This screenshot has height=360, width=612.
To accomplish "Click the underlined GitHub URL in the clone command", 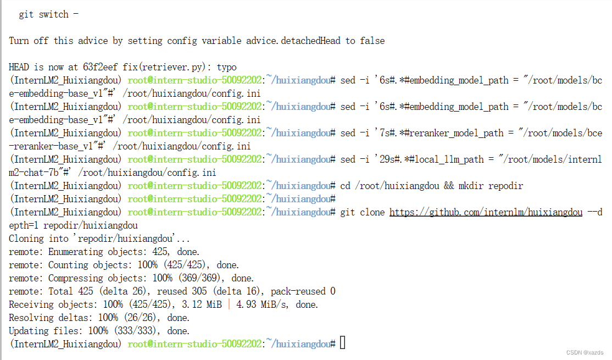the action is [486, 212].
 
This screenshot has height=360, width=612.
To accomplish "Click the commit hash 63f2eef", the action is [101, 67].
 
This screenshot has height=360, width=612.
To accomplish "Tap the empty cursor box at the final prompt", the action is [343, 344].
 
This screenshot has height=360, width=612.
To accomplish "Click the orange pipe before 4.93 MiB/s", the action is [229, 304].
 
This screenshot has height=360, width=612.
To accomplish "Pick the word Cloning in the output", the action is [26, 239].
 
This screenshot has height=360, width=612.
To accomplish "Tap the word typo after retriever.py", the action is [227, 67].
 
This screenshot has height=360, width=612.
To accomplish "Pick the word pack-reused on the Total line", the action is [301, 291].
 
